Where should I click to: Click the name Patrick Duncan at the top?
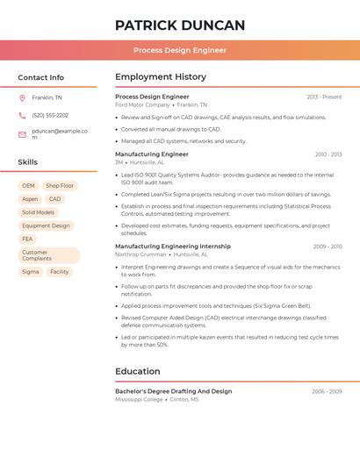coord(180,25)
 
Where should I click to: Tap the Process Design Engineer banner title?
coord(180,50)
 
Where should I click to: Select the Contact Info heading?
coord(41,77)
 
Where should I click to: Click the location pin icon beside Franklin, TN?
coord(22,97)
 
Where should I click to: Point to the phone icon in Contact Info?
coord(22,115)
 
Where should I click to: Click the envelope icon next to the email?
coord(22,134)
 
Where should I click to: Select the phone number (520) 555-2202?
coord(50,115)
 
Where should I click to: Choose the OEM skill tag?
coord(28,186)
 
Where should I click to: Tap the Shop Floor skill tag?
coord(60,186)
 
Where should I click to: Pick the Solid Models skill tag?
coord(38,212)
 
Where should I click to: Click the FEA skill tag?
coord(27,239)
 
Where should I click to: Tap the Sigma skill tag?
coord(30,272)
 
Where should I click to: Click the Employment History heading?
coord(161,77)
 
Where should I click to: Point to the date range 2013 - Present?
coord(324,97)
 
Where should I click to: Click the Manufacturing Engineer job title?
coord(152,154)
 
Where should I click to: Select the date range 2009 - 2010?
coord(328,247)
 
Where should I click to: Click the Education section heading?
coord(138,371)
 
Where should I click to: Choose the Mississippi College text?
coord(139,399)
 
